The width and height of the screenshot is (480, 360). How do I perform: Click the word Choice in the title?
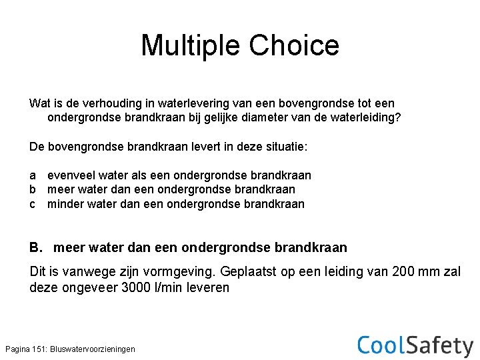[294, 45]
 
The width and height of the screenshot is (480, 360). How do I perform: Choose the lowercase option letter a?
[33, 175]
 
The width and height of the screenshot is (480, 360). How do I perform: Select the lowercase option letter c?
[33, 204]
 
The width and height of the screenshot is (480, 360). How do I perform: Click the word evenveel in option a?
[71, 175]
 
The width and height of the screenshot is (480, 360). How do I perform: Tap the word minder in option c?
[65, 204]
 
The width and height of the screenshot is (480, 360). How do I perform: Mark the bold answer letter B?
[36, 248]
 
